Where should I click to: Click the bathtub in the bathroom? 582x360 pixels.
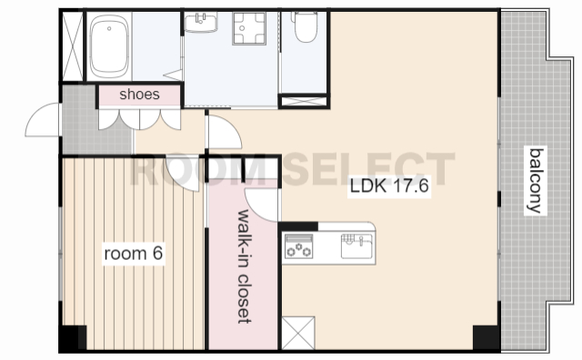(x=109, y=46)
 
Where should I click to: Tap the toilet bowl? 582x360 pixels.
(x=306, y=26)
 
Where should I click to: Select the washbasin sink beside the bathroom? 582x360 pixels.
(x=201, y=22)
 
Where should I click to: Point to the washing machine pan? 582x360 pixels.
(x=249, y=28)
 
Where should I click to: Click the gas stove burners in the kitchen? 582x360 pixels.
(x=299, y=246)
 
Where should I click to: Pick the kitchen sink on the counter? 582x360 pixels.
(x=356, y=245)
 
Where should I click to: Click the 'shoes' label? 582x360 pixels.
(x=139, y=95)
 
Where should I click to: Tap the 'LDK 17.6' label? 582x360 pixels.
(x=389, y=186)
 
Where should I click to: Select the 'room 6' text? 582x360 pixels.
(x=134, y=254)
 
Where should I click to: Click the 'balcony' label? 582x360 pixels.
(x=536, y=181)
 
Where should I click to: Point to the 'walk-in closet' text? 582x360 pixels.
(x=244, y=266)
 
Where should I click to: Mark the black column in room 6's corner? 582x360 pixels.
(x=73, y=337)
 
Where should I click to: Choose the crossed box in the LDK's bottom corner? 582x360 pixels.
(x=298, y=333)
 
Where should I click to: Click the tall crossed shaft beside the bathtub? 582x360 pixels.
(x=73, y=46)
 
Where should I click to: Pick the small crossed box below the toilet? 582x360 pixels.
(x=304, y=101)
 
